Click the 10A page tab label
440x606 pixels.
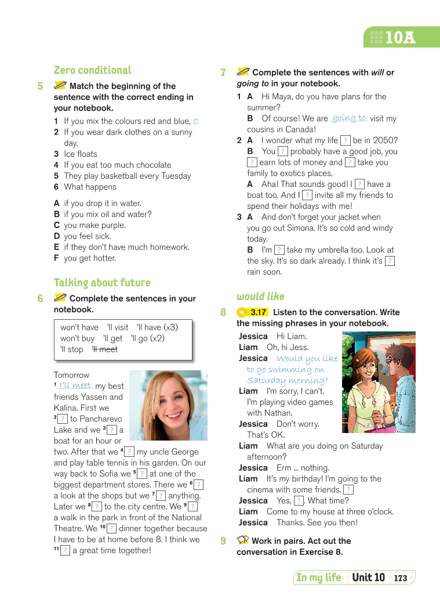pos(400,38)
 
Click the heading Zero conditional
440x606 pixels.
pos(93,70)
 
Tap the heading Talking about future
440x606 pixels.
pos(102,283)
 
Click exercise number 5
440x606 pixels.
pos(40,86)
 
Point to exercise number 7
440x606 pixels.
pos(223,73)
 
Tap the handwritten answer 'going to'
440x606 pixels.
pos(349,118)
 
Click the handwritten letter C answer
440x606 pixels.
pos(196,121)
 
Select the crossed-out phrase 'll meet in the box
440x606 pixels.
pos(105,349)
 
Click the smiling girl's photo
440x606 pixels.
pos(168,405)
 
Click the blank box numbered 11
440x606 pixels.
pos(66,550)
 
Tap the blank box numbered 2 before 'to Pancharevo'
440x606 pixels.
pos(62,419)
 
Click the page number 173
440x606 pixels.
pos(401,578)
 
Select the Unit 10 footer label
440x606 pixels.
pos(368,578)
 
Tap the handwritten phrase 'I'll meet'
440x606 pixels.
pos(75,385)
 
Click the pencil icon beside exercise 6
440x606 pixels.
pos(60,298)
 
